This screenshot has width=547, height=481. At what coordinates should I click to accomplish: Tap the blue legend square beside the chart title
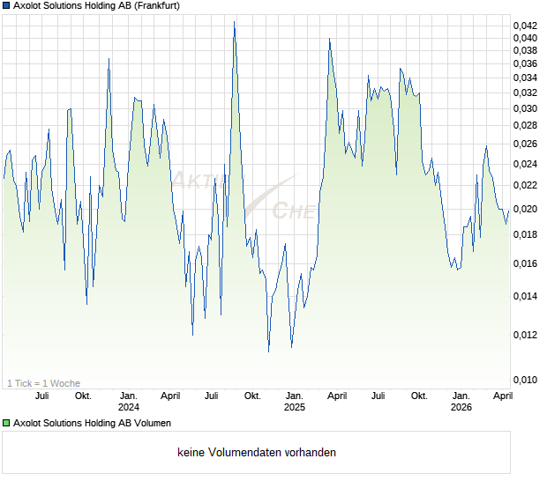6,7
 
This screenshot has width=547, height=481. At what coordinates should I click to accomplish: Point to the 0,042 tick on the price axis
525,25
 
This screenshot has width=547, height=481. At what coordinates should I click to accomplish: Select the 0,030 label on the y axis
525,109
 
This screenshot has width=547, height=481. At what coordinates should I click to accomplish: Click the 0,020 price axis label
525,210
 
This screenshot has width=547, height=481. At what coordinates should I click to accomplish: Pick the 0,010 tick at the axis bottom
525,381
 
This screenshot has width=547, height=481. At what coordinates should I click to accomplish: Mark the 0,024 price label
525,165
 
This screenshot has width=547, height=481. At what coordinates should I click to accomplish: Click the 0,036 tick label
525,63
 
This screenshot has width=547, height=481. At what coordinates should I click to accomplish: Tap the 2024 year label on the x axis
129,407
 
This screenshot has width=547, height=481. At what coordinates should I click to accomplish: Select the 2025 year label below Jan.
295,407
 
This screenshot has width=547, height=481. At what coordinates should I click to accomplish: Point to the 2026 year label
461,407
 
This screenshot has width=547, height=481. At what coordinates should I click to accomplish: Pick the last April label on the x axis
501,396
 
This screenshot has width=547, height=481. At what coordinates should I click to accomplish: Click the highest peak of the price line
235,22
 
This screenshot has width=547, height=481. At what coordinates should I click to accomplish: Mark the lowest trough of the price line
269,351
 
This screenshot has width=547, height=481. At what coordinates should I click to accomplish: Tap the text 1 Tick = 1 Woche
43,383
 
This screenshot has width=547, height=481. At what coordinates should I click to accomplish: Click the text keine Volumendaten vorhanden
257,453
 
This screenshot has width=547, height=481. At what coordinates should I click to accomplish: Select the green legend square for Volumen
6,423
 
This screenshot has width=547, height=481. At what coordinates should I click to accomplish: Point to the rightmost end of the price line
509,211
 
